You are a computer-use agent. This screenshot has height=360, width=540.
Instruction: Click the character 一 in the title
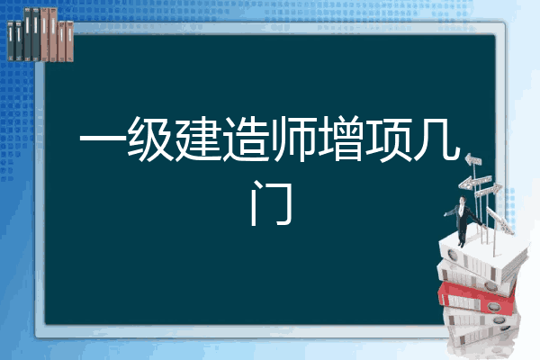[x=103, y=139]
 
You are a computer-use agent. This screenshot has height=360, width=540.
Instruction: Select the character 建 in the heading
[x=198, y=139]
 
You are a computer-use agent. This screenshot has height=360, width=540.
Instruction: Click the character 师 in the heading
[x=293, y=139]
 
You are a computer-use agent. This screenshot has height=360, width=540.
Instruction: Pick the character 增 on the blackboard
[x=341, y=139]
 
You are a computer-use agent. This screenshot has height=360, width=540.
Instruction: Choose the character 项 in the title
[x=389, y=139]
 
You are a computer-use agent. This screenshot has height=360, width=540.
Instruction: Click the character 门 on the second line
[x=272, y=203]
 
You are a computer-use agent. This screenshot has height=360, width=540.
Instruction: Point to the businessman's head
[x=463, y=200]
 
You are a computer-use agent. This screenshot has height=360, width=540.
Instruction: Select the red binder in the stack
[x=476, y=297]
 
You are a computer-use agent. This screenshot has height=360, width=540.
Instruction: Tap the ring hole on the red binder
[x=492, y=306]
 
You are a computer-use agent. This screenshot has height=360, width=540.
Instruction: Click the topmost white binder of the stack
[x=482, y=255]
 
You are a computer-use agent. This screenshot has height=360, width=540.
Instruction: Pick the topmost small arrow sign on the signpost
[x=473, y=160]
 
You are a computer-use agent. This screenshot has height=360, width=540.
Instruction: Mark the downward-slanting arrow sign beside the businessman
[x=499, y=220]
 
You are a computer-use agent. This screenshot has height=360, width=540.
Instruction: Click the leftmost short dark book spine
[x=11, y=41]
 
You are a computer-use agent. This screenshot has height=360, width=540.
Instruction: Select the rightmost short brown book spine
[x=70, y=41]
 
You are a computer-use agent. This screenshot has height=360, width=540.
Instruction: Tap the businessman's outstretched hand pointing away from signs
[x=445, y=214]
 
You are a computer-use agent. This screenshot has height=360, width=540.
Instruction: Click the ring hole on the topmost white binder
[x=453, y=256]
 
